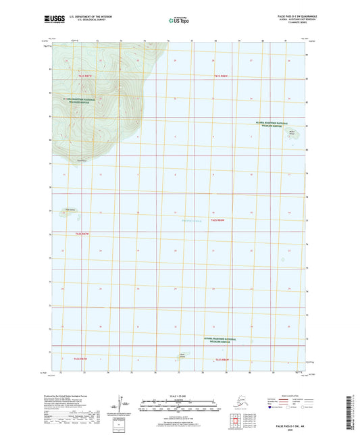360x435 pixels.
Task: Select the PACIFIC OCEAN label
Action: [192, 222]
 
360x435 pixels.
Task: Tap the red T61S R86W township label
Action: [223, 76]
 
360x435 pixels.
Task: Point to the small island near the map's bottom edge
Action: [182, 356]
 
